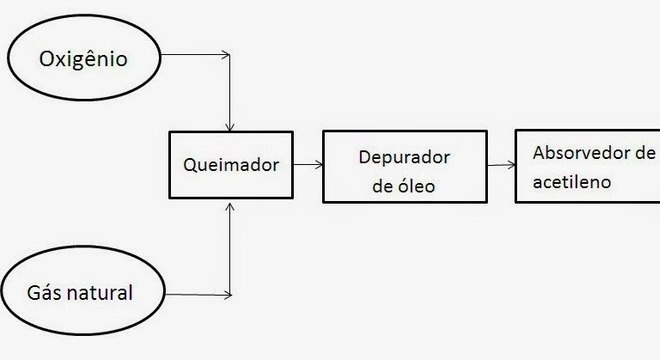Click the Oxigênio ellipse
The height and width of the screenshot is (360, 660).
coord(85,61)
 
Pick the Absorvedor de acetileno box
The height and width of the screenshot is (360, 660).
coord(585,167)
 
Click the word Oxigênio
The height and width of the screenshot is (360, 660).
coord(85,60)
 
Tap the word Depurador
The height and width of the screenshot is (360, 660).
coord(404,158)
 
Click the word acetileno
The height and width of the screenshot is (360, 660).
coord(571,183)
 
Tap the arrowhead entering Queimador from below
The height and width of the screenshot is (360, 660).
coord(232,206)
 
